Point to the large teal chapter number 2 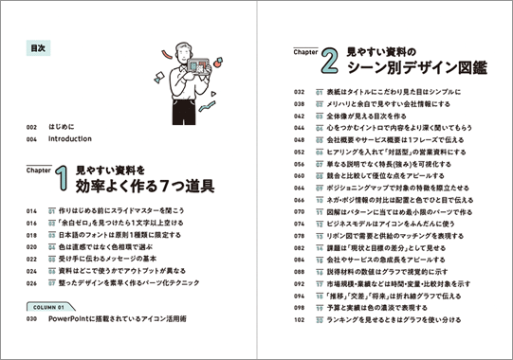tap(329, 63)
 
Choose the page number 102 tap(298, 319)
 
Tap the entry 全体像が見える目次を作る tap(384, 115)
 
